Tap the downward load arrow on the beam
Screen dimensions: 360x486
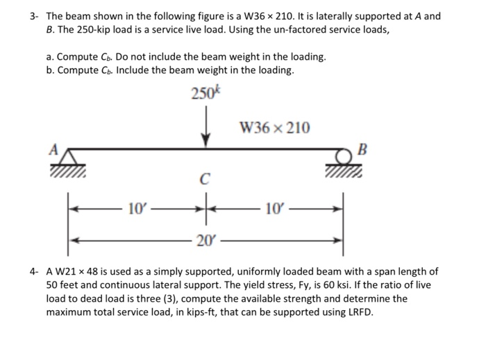point(205,132)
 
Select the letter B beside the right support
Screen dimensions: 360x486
point(359,148)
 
